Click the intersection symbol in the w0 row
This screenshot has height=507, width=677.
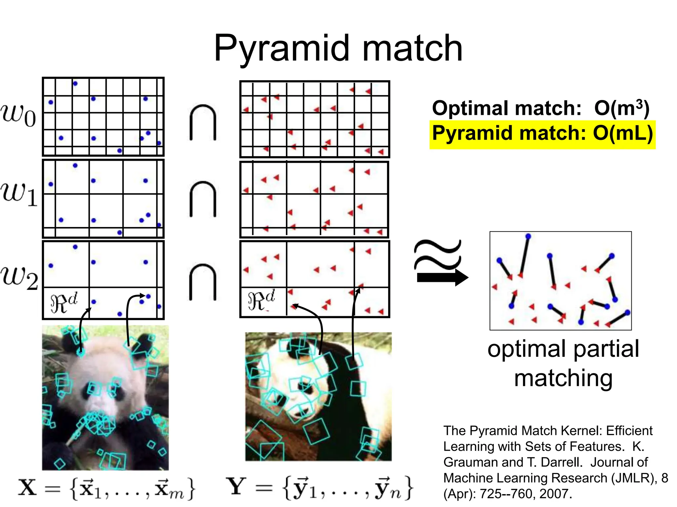(203, 122)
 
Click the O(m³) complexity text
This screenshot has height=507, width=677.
(621, 108)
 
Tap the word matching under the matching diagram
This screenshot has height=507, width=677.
(563, 378)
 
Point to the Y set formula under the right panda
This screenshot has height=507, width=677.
(319, 488)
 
